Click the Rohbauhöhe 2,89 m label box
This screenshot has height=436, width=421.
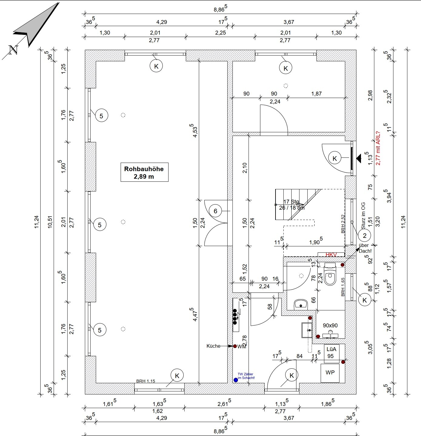[144, 172]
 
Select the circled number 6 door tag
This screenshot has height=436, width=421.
[216, 211]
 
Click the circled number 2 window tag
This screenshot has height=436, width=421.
[364, 235]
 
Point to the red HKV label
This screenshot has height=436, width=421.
[331, 255]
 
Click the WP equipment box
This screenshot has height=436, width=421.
[330, 373]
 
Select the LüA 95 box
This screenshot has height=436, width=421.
[331, 353]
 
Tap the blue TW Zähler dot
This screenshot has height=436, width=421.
[236, 380]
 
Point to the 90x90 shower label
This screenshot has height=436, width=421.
[330, 326]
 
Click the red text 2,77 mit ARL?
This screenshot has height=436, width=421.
[378, 148]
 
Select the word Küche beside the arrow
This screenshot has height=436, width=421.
[213, 346]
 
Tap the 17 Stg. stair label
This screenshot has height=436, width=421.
[291, 202]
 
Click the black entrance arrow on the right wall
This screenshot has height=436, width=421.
[359, 158]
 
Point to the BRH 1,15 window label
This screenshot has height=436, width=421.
[145, 381]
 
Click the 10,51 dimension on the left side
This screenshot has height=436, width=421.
[50, 222]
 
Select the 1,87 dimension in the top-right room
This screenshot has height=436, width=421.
[316, 94]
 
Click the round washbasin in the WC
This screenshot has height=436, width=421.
[301, 304]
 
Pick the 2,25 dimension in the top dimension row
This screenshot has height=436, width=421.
[220, 33]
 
